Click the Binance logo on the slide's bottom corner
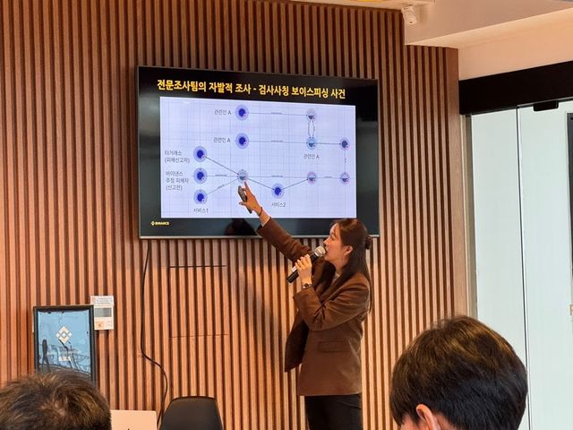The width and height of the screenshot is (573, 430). coord(160,222)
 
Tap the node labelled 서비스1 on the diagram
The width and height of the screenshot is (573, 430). coord(201,196)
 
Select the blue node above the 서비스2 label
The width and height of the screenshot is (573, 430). coord(278,190)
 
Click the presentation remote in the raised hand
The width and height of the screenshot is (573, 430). coord(242,192)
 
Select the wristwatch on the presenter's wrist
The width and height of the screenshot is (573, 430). coord(306,285)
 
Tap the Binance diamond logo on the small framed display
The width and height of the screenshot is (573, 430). coord(63,334)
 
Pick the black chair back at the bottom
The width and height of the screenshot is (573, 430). coord(191,414)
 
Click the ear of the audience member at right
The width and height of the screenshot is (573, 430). coord(422,417)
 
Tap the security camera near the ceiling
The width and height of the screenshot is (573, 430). coord(410,15)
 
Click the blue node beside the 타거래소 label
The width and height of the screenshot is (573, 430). coord(200,154)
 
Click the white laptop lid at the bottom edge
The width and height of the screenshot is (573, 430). coord(133,420)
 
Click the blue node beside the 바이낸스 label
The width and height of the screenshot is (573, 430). coord(200,176)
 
